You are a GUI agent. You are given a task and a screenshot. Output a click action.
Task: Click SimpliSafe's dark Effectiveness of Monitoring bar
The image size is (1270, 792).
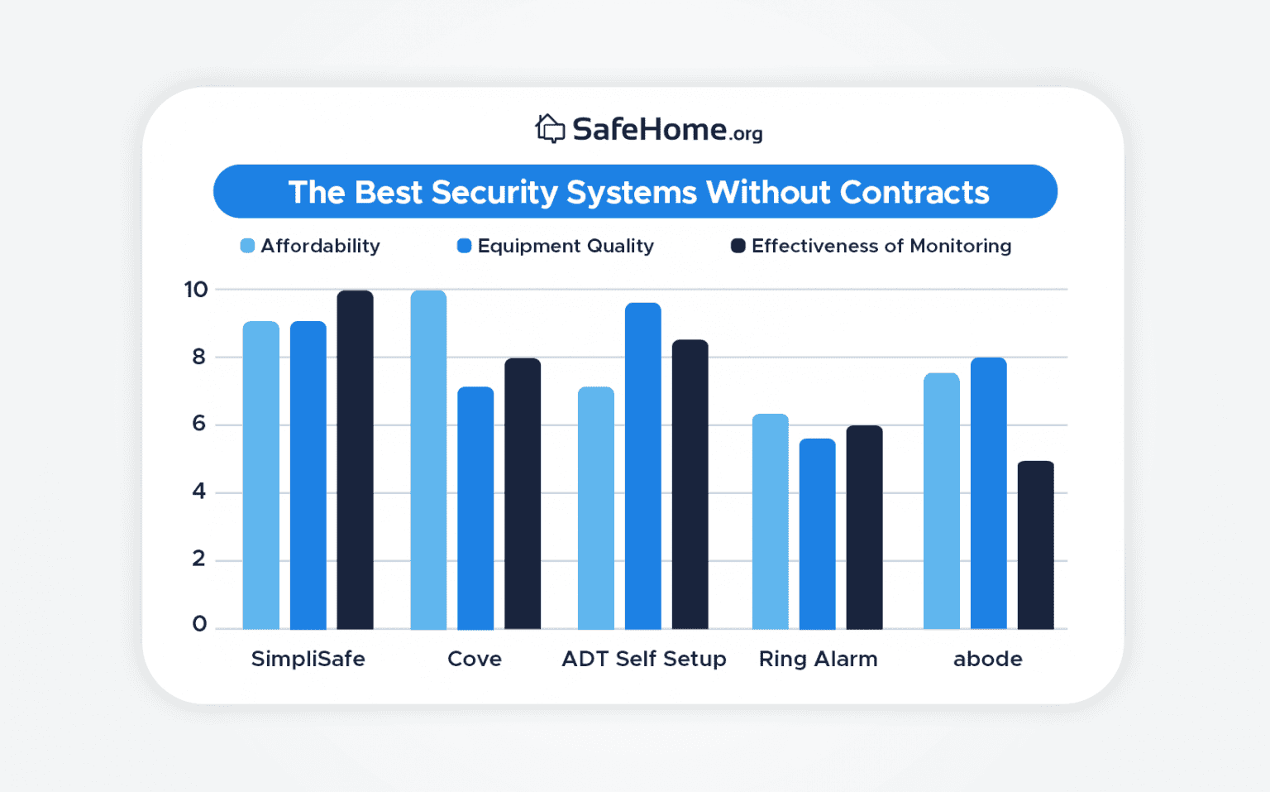click(x=355, y=460)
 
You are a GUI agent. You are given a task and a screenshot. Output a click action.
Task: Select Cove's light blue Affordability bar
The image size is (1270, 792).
click(x=428, y=460)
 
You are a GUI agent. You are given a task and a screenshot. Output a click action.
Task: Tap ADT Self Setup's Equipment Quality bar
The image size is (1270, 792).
click(x=642, y=466)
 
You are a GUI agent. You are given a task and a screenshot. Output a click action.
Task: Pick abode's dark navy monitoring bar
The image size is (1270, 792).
click(x=1035, y=545)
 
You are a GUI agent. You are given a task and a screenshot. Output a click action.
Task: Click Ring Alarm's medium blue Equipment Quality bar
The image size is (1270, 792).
click(x=817, y=534)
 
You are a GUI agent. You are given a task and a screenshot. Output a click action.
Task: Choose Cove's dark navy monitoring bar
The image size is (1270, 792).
click(x=523, y=494)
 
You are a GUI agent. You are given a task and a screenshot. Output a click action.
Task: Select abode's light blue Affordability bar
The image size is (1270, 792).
click(x=941, y=502)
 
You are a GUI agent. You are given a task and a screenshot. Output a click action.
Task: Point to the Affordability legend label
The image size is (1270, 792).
click(x=320, y=246)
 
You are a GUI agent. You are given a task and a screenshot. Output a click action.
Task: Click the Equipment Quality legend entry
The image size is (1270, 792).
click(x=565, y=246)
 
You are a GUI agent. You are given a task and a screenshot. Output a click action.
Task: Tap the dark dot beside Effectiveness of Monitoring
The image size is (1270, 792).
click(x=738, y=246)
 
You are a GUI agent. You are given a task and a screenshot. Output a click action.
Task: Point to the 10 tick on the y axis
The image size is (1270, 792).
click(x=196, y=290)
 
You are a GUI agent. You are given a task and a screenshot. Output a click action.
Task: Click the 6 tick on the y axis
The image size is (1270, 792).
click(x=198, y=424)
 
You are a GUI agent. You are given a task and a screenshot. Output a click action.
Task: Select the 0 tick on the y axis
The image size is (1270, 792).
click(x=199, y=624)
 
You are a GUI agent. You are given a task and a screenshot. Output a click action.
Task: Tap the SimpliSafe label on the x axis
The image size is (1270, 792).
click(x=308, y=659)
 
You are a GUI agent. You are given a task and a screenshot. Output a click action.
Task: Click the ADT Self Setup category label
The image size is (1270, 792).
click(x=643, y=659)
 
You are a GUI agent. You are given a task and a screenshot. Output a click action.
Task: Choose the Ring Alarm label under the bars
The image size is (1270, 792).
click(x=818, y=659)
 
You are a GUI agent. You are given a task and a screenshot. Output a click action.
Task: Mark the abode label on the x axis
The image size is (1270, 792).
click(x=987, y=659)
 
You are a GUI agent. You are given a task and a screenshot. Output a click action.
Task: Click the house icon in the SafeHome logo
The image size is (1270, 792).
click(x=550, y=129)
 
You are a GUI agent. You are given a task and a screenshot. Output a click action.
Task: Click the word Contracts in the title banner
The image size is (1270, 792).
click(x=914, y=192)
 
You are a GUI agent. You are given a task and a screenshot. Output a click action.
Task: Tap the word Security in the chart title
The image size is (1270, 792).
click(x=494, y=192)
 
